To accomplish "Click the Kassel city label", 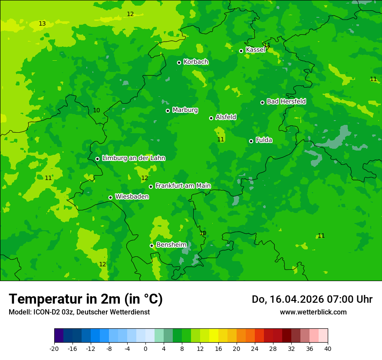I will [255, 50].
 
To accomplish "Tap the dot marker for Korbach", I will [179, 62].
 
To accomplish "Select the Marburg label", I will [185, 110].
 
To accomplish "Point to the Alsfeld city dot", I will [211, 118].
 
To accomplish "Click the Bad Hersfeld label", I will [286, 101].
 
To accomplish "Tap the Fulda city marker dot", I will [251, 141].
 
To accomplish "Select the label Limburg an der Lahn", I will [133, 158].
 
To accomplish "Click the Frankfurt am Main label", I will [183, 186].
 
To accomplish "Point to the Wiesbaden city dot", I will [110, 197].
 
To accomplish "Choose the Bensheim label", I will [171, 245].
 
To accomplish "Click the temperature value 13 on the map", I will [42, 23].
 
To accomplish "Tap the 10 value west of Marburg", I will [96, 110].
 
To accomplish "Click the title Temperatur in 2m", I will [86, 299].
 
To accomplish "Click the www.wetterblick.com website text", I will [313, 312].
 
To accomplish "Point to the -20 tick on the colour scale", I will [54, 349].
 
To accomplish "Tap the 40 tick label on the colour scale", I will [327, 349].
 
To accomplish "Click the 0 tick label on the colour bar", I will [145, 349].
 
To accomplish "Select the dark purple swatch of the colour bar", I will [59, 336].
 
